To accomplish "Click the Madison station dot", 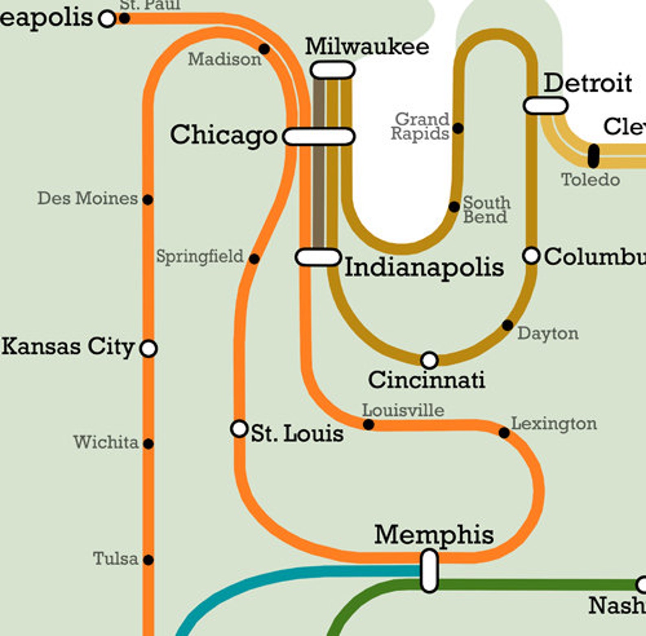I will pos(264,49).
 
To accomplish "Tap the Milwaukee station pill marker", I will pos(332,70).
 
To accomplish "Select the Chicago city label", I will pos(223,135).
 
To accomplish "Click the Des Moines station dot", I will pos(148,200).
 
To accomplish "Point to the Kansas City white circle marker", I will pos(148,348).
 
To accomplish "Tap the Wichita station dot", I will pos(148,444).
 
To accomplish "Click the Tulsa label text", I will pos(116,559).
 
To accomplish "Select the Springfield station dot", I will pos(254,259).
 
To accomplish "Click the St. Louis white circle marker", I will pos(239,428).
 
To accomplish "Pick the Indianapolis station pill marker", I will pos(318,257).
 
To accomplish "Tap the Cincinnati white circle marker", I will pos(430,360).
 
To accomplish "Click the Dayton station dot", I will pos(507,326).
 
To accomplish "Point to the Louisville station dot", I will pos(368,424).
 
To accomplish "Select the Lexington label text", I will pos(554,424).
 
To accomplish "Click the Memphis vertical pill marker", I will pos(429,570).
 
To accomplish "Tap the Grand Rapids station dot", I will pos(458,128).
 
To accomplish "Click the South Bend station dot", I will pos(454,207).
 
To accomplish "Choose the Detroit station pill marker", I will pos(545,105).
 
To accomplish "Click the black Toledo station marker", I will pos(594,156).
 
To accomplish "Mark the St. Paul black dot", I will pos(124,18).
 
